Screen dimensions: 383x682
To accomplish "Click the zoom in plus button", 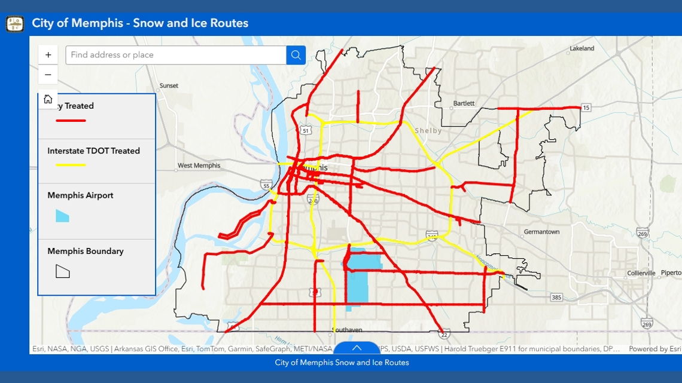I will click(48, 55).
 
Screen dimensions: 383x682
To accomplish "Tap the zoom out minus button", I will click(48, 75).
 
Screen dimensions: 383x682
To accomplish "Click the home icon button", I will click(48, 99).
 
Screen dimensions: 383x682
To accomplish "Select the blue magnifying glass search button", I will click(296, 55).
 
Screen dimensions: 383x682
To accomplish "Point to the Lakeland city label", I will click(581, 48).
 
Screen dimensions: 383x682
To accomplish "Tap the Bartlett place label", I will click(464, 103).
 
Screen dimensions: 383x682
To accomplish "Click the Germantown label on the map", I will click(541, 232).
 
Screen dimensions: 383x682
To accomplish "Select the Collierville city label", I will click(641, 273).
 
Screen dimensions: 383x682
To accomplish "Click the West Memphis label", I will click(199, 166).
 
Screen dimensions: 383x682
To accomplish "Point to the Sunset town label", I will click(169, 85).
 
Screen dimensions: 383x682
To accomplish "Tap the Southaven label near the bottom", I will click(347, 330).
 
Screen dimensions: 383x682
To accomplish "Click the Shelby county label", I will click(428, 131).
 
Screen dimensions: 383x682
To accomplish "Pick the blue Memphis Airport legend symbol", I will click(62, 216).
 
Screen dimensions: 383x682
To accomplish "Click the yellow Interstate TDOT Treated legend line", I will click(71, 165).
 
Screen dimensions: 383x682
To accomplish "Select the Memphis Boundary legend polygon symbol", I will click(62, 271).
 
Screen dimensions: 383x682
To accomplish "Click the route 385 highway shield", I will click(556, 297).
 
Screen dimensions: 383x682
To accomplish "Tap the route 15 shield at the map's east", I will click(586, 108).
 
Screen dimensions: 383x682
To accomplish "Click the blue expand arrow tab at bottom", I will click(357, 348).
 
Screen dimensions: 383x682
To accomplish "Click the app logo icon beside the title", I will click(15, 24).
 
